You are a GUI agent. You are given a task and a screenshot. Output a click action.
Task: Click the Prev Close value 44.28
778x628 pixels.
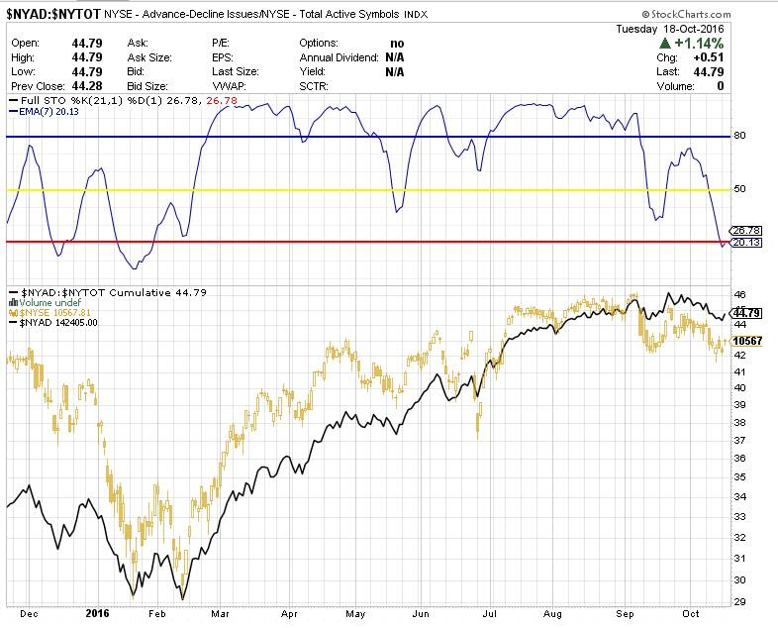click(89, 86)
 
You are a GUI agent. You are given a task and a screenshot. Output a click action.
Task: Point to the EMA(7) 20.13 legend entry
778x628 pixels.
click(46, 112)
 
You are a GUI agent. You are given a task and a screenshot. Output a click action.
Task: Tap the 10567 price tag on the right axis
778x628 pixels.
click(747, 340)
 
